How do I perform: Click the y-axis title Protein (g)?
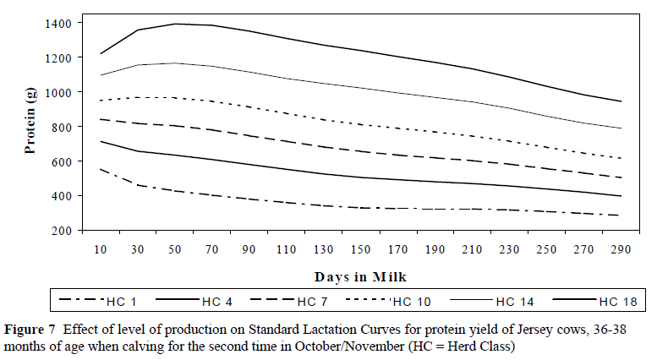[x=30, y=126]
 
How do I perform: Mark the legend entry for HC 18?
[x=604, y=301]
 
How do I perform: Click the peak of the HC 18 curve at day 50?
[x=175, y=24]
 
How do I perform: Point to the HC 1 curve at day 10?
[x=100, y=168]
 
